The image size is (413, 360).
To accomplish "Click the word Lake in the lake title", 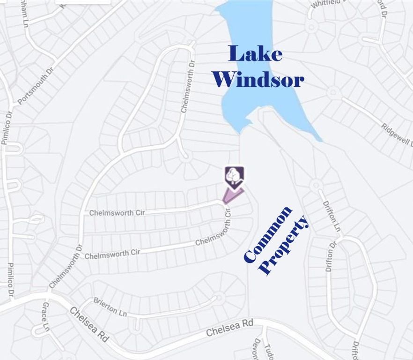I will pos(256,54).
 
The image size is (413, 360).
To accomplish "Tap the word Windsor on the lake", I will pos(258,79).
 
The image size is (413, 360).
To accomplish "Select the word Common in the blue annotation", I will pos(268,234).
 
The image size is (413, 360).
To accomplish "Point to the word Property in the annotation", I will pos(285,245).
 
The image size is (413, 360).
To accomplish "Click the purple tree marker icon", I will pos(234,177).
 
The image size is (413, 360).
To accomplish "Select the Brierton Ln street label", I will pos(110,307).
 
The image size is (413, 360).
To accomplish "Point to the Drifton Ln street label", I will pos(332,216).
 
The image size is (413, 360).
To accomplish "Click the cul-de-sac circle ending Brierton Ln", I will pos(219,297).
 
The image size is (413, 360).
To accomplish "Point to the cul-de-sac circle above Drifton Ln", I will pos(316,184).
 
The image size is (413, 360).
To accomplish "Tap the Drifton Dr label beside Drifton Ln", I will pos(331,257).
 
